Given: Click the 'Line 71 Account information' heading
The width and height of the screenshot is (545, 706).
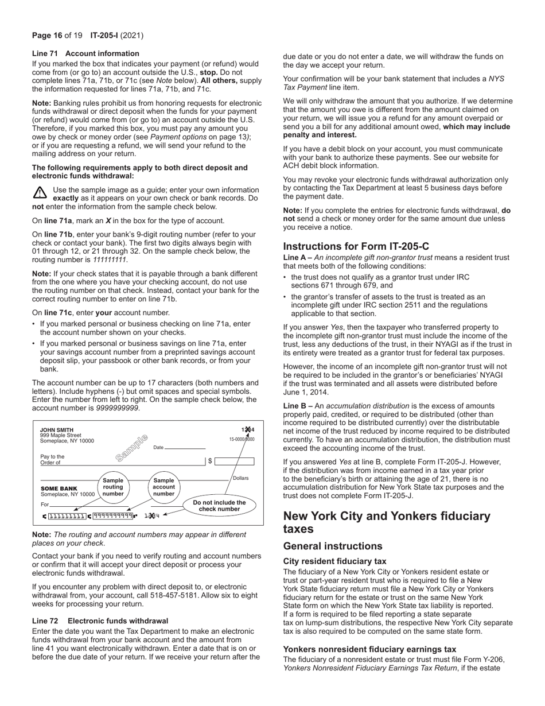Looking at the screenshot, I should coord(85,53).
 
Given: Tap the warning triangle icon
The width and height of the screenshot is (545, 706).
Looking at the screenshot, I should coord(40,193).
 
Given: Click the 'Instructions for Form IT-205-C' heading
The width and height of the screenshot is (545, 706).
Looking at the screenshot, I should coord(356,246).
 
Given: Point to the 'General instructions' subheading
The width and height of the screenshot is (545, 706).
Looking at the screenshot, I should coord(333,546).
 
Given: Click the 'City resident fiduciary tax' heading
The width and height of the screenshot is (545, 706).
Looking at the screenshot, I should coord(334,561).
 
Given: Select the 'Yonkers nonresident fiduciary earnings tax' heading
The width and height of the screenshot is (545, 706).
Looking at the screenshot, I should coord(369,649).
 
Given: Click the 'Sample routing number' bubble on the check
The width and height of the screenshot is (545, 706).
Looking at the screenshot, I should coord(113,487).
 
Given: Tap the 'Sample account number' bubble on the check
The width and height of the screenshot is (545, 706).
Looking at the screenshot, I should coord(163,487).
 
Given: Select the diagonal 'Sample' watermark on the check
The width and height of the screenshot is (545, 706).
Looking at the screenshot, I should coord(131,448).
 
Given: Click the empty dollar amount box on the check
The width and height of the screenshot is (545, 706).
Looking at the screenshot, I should coord(234,461).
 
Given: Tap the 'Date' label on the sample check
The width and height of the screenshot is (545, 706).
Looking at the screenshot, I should coord(158,448).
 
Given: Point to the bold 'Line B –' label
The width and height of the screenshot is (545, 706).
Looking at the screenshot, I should coord(298,406).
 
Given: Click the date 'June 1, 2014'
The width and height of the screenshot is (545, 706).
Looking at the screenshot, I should coord(307,392).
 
